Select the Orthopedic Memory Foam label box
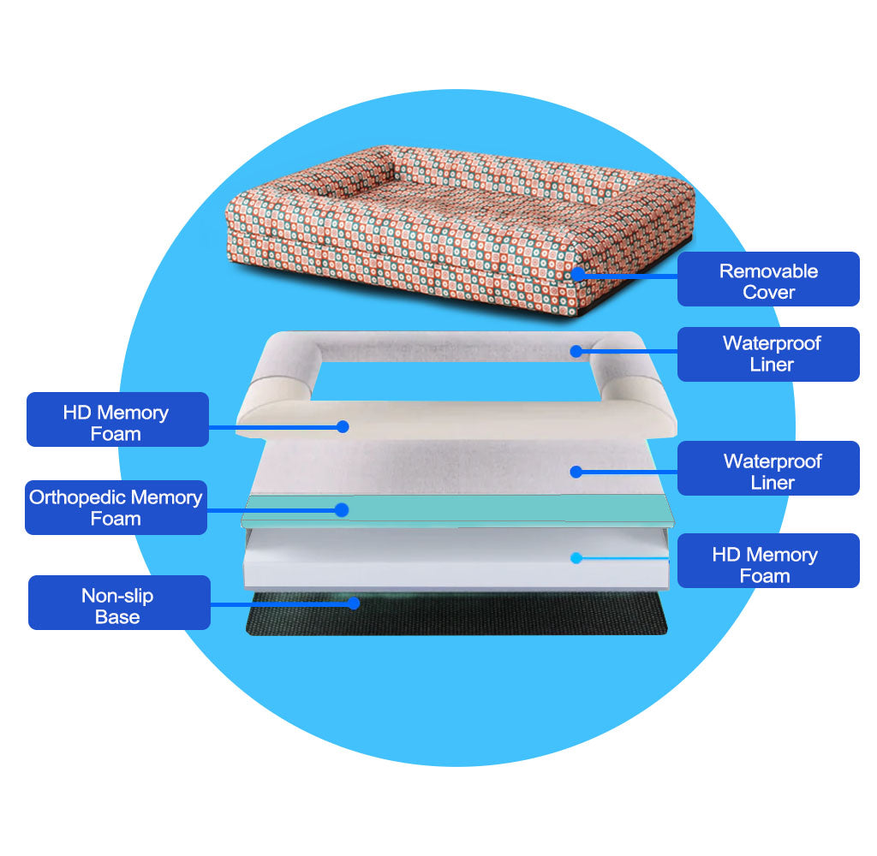pos(116,508)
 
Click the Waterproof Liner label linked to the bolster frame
pos(768,354)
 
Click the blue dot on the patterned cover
pos(578,274)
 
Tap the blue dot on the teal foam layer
pos(342,510)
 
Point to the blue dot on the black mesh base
pos(353,603)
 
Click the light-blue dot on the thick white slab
pos(576,558)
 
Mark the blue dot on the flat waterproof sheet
pos(576,472)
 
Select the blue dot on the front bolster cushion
pos(343,425)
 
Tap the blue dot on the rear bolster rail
pos(576,350)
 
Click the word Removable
pos(768,271)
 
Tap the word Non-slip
pos(117,596)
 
